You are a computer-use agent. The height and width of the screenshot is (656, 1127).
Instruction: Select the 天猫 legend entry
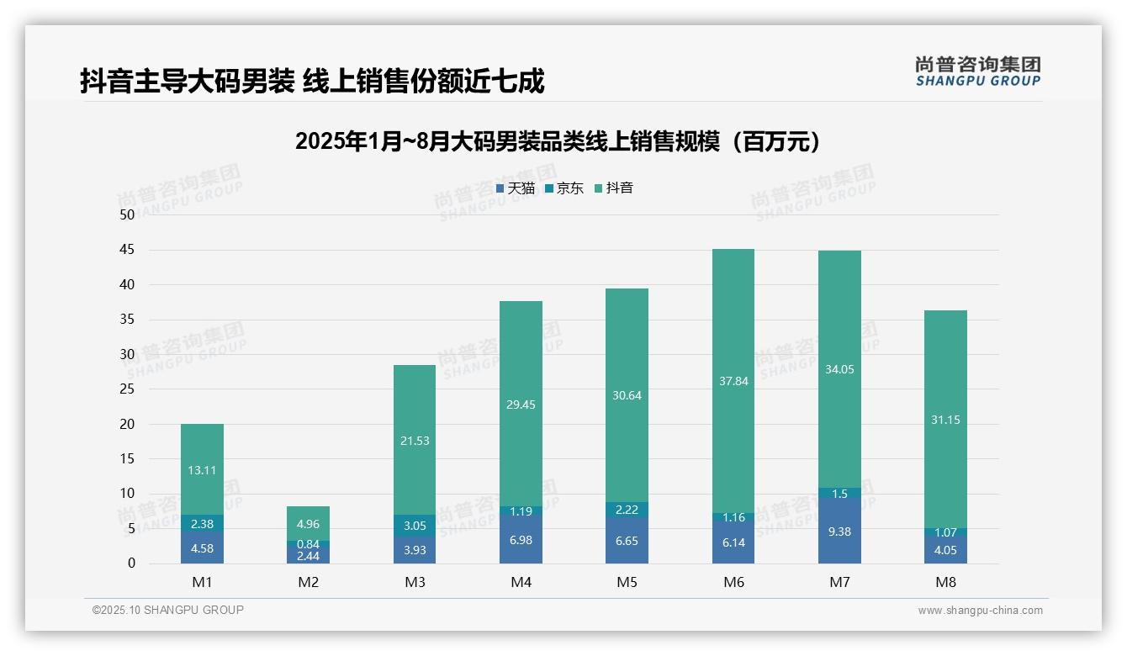(515, 188)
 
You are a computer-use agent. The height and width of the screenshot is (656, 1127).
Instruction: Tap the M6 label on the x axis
(733, 582)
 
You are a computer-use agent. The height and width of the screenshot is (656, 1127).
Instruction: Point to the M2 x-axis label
(308, 582)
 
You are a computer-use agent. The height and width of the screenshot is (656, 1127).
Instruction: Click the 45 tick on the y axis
(127, 250)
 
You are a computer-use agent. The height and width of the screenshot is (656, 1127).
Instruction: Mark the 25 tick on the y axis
(127, 389)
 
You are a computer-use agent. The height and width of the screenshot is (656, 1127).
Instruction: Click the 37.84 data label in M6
(733, 381)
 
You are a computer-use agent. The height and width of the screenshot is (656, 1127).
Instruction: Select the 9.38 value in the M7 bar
(839, 532)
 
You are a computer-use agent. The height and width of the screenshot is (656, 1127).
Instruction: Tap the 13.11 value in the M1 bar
(202, 470)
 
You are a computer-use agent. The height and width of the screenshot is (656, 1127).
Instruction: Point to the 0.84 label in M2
(308, 544)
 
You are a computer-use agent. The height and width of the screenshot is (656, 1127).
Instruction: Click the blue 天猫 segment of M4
(521, 539)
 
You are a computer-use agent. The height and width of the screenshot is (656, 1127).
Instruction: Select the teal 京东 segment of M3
(415, 526)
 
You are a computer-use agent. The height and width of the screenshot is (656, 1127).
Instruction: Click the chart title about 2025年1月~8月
(558, 141)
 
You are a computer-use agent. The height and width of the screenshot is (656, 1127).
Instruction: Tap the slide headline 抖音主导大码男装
(312, 81)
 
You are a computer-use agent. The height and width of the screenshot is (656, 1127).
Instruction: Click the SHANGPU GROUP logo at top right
(977, 71)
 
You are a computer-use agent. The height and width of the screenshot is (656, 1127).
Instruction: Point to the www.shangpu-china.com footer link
(980, 611)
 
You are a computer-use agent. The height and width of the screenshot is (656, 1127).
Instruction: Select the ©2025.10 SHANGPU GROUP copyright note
(168, 611)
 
